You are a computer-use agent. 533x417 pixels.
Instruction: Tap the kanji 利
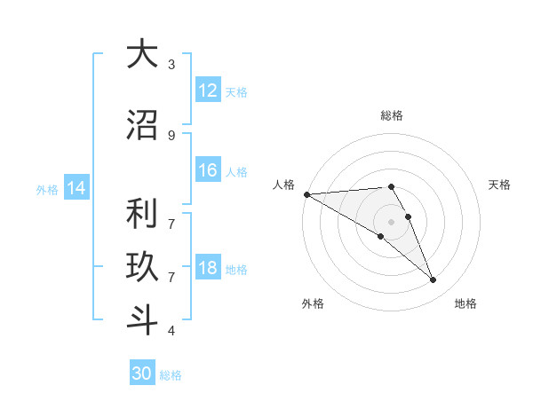[141, 215]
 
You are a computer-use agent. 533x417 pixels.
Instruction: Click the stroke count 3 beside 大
[171, 64]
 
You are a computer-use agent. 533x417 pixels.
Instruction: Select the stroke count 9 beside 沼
[171, 135]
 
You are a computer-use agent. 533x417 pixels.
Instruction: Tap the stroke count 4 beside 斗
[171, 331]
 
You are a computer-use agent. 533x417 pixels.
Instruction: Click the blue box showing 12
[208, 90]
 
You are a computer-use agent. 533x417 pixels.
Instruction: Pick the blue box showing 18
[208, 267]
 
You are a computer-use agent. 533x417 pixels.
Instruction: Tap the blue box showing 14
[76, 187]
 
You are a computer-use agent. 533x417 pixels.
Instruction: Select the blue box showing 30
[142, 374]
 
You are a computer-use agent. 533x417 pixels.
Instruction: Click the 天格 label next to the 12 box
[236, 91]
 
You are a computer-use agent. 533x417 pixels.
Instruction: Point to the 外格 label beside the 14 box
[47, 189]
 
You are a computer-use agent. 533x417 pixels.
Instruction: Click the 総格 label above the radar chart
[392, 115]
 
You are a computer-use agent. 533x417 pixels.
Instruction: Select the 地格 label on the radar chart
[465, 303]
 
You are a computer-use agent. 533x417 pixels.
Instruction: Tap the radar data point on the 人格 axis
[306, 194]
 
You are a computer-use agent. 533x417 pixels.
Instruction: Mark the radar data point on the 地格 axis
[434, 280]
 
